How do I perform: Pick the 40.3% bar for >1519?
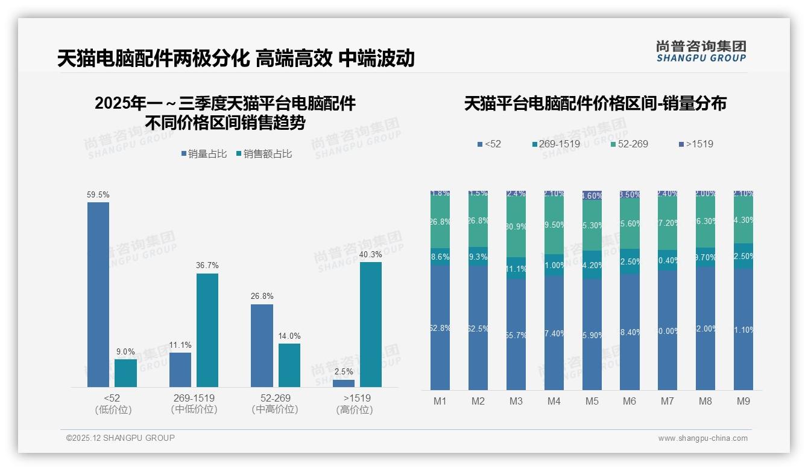click(x=371, y=324)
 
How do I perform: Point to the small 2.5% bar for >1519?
click(x=344, y=383)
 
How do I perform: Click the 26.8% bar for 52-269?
click(x=262, y=345)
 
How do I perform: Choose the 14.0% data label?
click(x=289, y=336)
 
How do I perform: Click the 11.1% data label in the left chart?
click(x=180, y=345)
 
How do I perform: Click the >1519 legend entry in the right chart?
click(x=696, y=144)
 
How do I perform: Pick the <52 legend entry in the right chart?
click(x=489, y=144)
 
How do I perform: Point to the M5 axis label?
click(x=592, y=401)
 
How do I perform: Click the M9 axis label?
click(x=743, y=401)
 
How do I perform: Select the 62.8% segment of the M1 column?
click(x=440, y=328)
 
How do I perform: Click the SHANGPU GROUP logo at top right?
click(x=701, y=51)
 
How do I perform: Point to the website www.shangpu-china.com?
click(x=702, y=438)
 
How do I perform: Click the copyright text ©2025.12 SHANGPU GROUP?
click(x=121, y=438)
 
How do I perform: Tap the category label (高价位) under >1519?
click(x=354, y=409)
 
